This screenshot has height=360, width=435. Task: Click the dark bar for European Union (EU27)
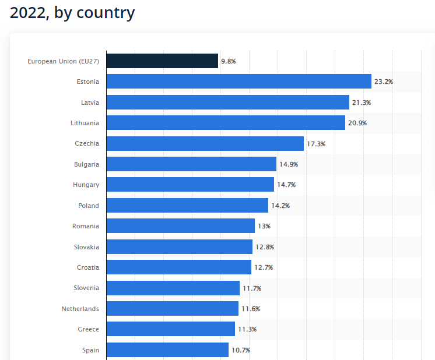click(162, 61)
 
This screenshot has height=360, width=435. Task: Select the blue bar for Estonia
click(238, 82)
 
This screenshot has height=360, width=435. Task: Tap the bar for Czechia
click(205, 143)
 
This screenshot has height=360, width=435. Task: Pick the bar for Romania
click(180, 226)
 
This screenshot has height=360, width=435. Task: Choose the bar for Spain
click(167, 350)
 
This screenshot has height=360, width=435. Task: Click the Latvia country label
click(90, 103)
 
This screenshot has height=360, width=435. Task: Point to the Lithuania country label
click(85, 123)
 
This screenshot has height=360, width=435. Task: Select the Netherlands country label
click(80, 309)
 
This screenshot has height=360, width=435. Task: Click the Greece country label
click(89, 329)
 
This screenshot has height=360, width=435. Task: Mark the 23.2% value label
click(384, 82)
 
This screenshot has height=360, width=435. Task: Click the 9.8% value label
click(228, 61)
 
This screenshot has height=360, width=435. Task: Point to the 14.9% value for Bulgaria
click(289, 164)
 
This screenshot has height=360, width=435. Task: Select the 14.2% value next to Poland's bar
click(280, 206)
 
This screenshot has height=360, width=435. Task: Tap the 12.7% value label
click(264, 267)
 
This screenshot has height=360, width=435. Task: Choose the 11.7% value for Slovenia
click(252, 288)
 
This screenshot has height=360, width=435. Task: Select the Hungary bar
click(190, 185)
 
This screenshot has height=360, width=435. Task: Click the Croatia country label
click(88, 267)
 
